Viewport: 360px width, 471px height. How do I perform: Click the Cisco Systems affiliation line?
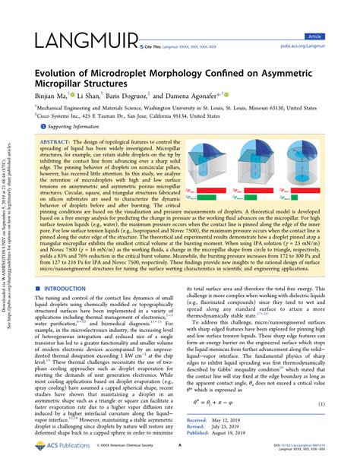pos(132,116)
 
